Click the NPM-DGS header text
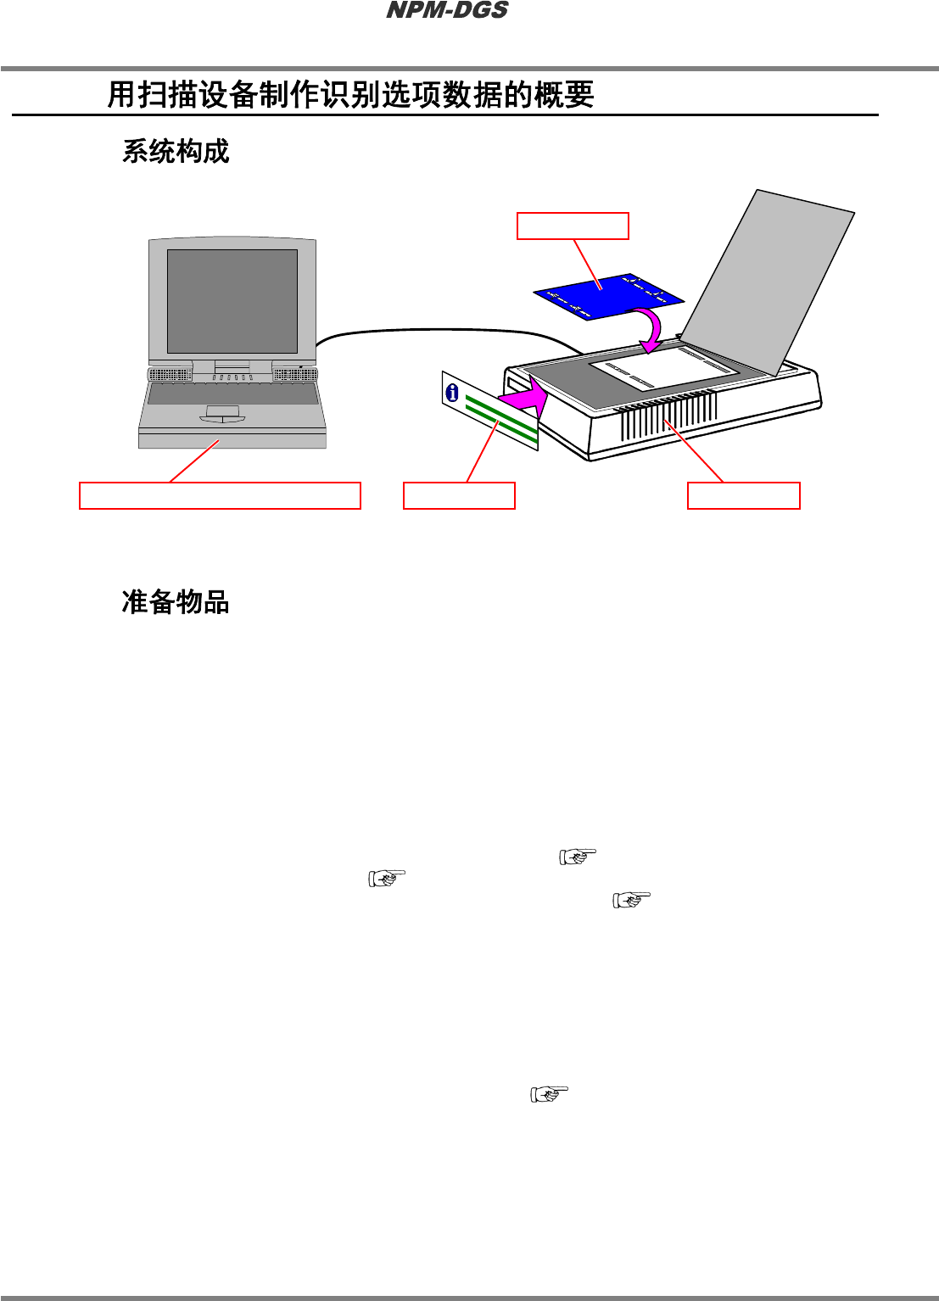pos(447,11)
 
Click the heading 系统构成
pos(176,152)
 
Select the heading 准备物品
pos(176,602)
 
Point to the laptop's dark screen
pos(232,301)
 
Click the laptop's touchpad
pos(222,412)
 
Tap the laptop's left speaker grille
pos(170,375)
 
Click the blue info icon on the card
pos(452,392)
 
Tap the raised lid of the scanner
pos(768,280)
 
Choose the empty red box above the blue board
pos(573,226)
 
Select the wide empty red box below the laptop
pos(220,495)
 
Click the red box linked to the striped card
pos(459,495)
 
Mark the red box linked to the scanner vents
pos(743,495)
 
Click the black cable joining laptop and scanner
pos(441,330)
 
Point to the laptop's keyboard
pos(232,394)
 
